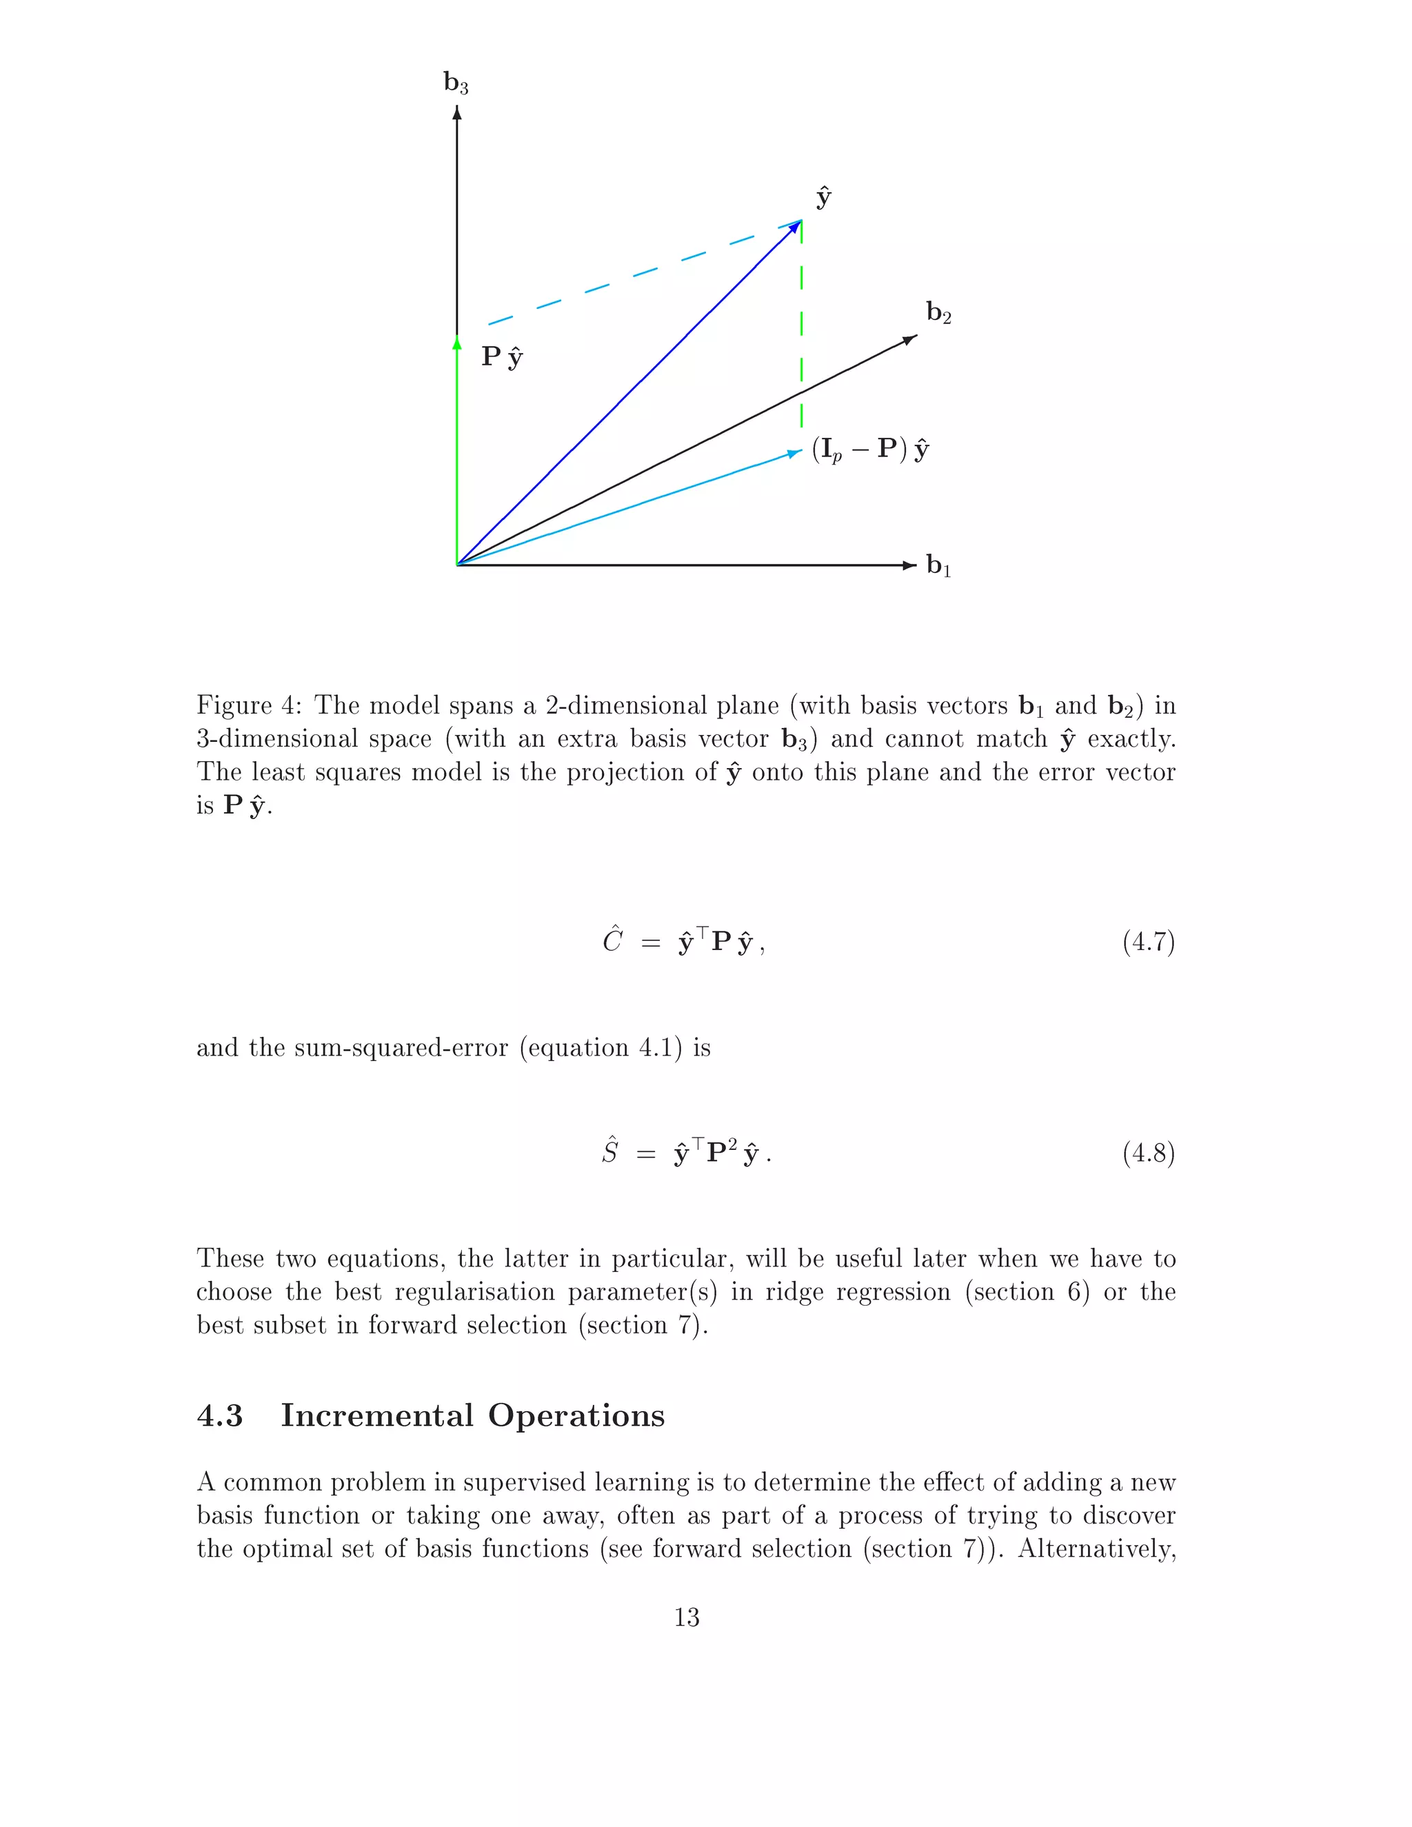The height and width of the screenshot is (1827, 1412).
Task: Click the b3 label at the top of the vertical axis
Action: click(x=456, y=83)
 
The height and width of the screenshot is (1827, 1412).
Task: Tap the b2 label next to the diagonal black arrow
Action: click(x=938, y=313)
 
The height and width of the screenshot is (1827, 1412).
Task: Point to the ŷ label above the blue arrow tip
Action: click(x=823, y=197)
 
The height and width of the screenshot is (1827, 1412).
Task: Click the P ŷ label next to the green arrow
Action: click(x=502, y=357)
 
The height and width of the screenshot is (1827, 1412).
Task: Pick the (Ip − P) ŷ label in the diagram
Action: click(x=870, y=450)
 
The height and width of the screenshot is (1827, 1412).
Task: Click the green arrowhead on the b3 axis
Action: click(x=456, y=343)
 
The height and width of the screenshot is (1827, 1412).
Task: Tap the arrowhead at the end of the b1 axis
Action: click(x=910, y=565)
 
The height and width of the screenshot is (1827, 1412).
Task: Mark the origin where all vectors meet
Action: click(x=458, y=565)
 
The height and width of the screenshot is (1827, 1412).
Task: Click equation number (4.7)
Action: click(x=1148, y=942)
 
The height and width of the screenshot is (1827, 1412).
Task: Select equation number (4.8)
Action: click(x=1148, y=1153)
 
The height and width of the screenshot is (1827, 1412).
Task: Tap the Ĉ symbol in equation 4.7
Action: click(x=612, y=940)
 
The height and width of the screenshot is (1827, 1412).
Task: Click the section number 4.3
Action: click(x=219, y=1415)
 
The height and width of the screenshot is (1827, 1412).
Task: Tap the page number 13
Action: click(x=686, y=1617)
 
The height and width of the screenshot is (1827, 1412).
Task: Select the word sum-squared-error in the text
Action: click(x=401, y=1048)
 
